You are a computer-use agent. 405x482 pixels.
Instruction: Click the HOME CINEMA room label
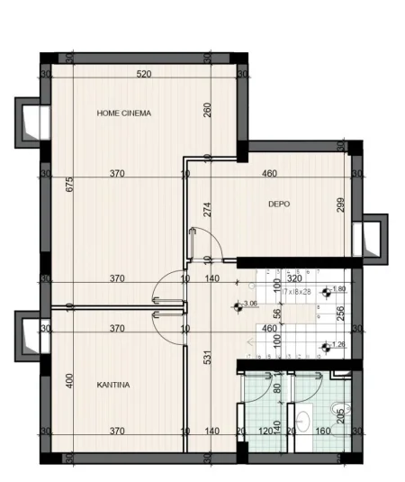[123, 114]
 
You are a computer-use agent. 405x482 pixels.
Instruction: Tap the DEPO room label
[279, 205]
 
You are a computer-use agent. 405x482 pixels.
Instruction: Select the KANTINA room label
[113, 385]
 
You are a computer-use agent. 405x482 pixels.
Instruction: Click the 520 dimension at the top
[144, 74]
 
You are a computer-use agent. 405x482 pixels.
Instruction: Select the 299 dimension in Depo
[341, 204]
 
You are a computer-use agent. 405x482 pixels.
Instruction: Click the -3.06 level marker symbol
[238, 306]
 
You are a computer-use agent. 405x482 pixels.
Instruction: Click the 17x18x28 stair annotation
[294, 292]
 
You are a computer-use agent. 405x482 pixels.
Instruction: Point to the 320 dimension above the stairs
[293, 278]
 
